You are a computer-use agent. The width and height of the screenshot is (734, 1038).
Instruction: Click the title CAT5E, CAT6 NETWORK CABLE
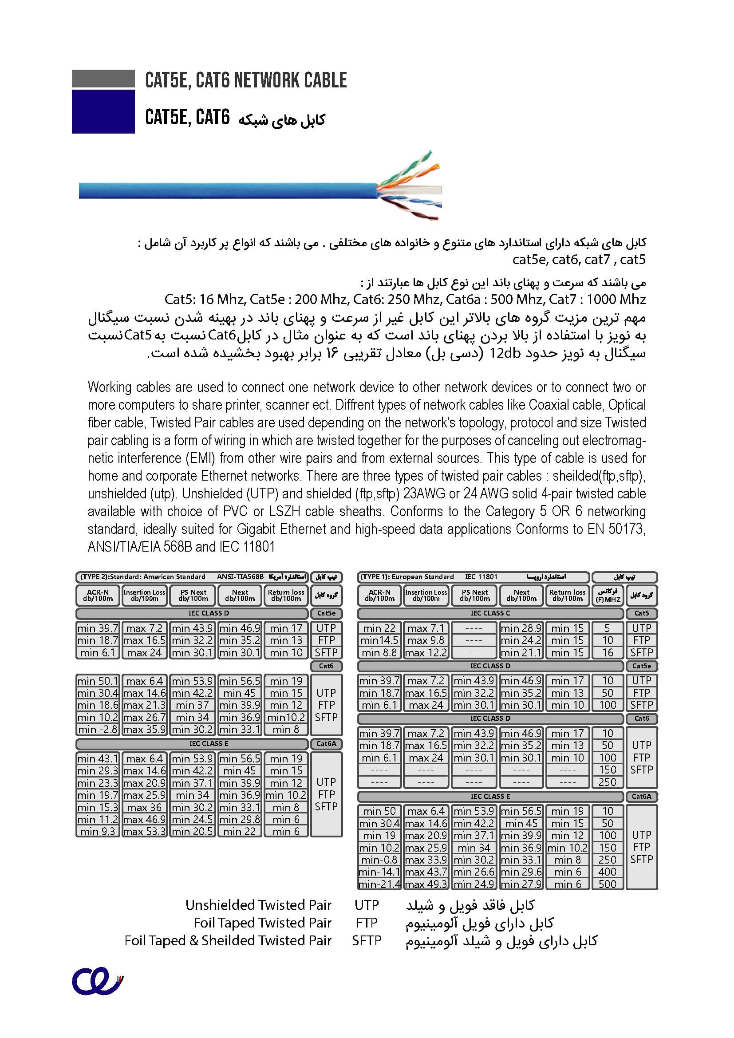pyautogui.click(x=245, y=80)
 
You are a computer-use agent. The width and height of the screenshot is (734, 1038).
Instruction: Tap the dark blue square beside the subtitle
pyautogui.click(x=103, y=111)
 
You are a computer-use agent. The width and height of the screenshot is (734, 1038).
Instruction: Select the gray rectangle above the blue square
pyautogui.click(x=103, y=78)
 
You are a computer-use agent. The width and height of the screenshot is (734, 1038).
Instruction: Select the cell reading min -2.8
pyautogui.click(x=98, y=729)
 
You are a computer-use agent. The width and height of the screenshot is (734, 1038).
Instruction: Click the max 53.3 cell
pyautogui.click(x=144, y=831)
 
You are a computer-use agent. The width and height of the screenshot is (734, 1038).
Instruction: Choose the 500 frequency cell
pyautogui.click(x=608, y=884)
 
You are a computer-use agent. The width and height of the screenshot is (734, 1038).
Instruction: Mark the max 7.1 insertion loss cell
pyautogui.click(x=426, y=628)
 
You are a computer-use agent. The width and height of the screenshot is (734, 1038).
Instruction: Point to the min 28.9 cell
pyautogui.click(x=521, y=628)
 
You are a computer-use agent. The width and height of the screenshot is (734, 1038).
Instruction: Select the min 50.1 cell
pyautogui.click(x=98, y=680)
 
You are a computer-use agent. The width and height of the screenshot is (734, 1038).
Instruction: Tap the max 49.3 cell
pyautogui.click(x=426, y=884)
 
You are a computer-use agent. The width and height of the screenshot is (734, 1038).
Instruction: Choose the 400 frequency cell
pyautogui.click(x=608, y=872)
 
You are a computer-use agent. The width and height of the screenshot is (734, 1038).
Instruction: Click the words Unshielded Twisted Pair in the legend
pyautogui.click(x=258, y=904)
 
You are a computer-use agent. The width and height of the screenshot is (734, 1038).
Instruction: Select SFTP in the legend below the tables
pyautogui.click(x=367, y=940)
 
